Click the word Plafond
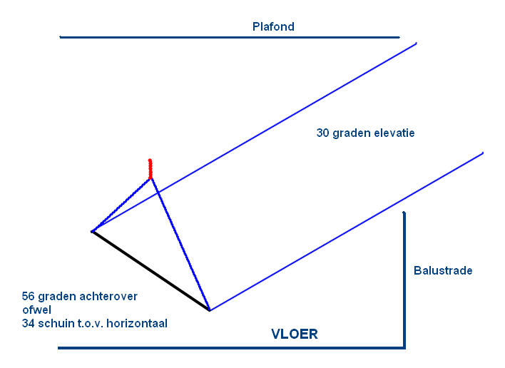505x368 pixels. click(273, 27)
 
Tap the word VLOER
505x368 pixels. click(294, 334)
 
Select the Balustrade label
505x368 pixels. click(442, 271)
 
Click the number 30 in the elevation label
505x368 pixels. click(323, 133)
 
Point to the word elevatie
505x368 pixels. click(393, 133)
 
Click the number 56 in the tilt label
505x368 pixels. click(29, 297)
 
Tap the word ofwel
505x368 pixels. click(36, 310)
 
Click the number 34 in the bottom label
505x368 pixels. click(29, 323)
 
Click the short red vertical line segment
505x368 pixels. click(150, 168)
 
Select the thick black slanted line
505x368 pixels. click(150, 270)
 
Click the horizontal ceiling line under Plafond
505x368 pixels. click(228, 36)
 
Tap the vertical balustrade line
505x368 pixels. click(404, 278)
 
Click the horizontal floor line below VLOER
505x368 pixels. click(228, 348)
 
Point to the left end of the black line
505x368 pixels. click(93, 232)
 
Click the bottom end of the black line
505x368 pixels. click(209, 310)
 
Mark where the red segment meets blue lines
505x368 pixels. click(151, 178)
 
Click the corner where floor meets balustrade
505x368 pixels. click(404, 348)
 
